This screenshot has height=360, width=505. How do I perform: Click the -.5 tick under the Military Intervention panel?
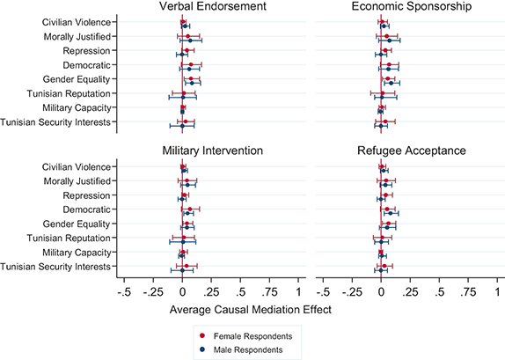click(125, 291)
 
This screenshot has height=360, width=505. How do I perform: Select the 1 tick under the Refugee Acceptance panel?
click(497, 291)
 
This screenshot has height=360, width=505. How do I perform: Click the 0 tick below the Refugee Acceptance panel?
click(381, 291)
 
